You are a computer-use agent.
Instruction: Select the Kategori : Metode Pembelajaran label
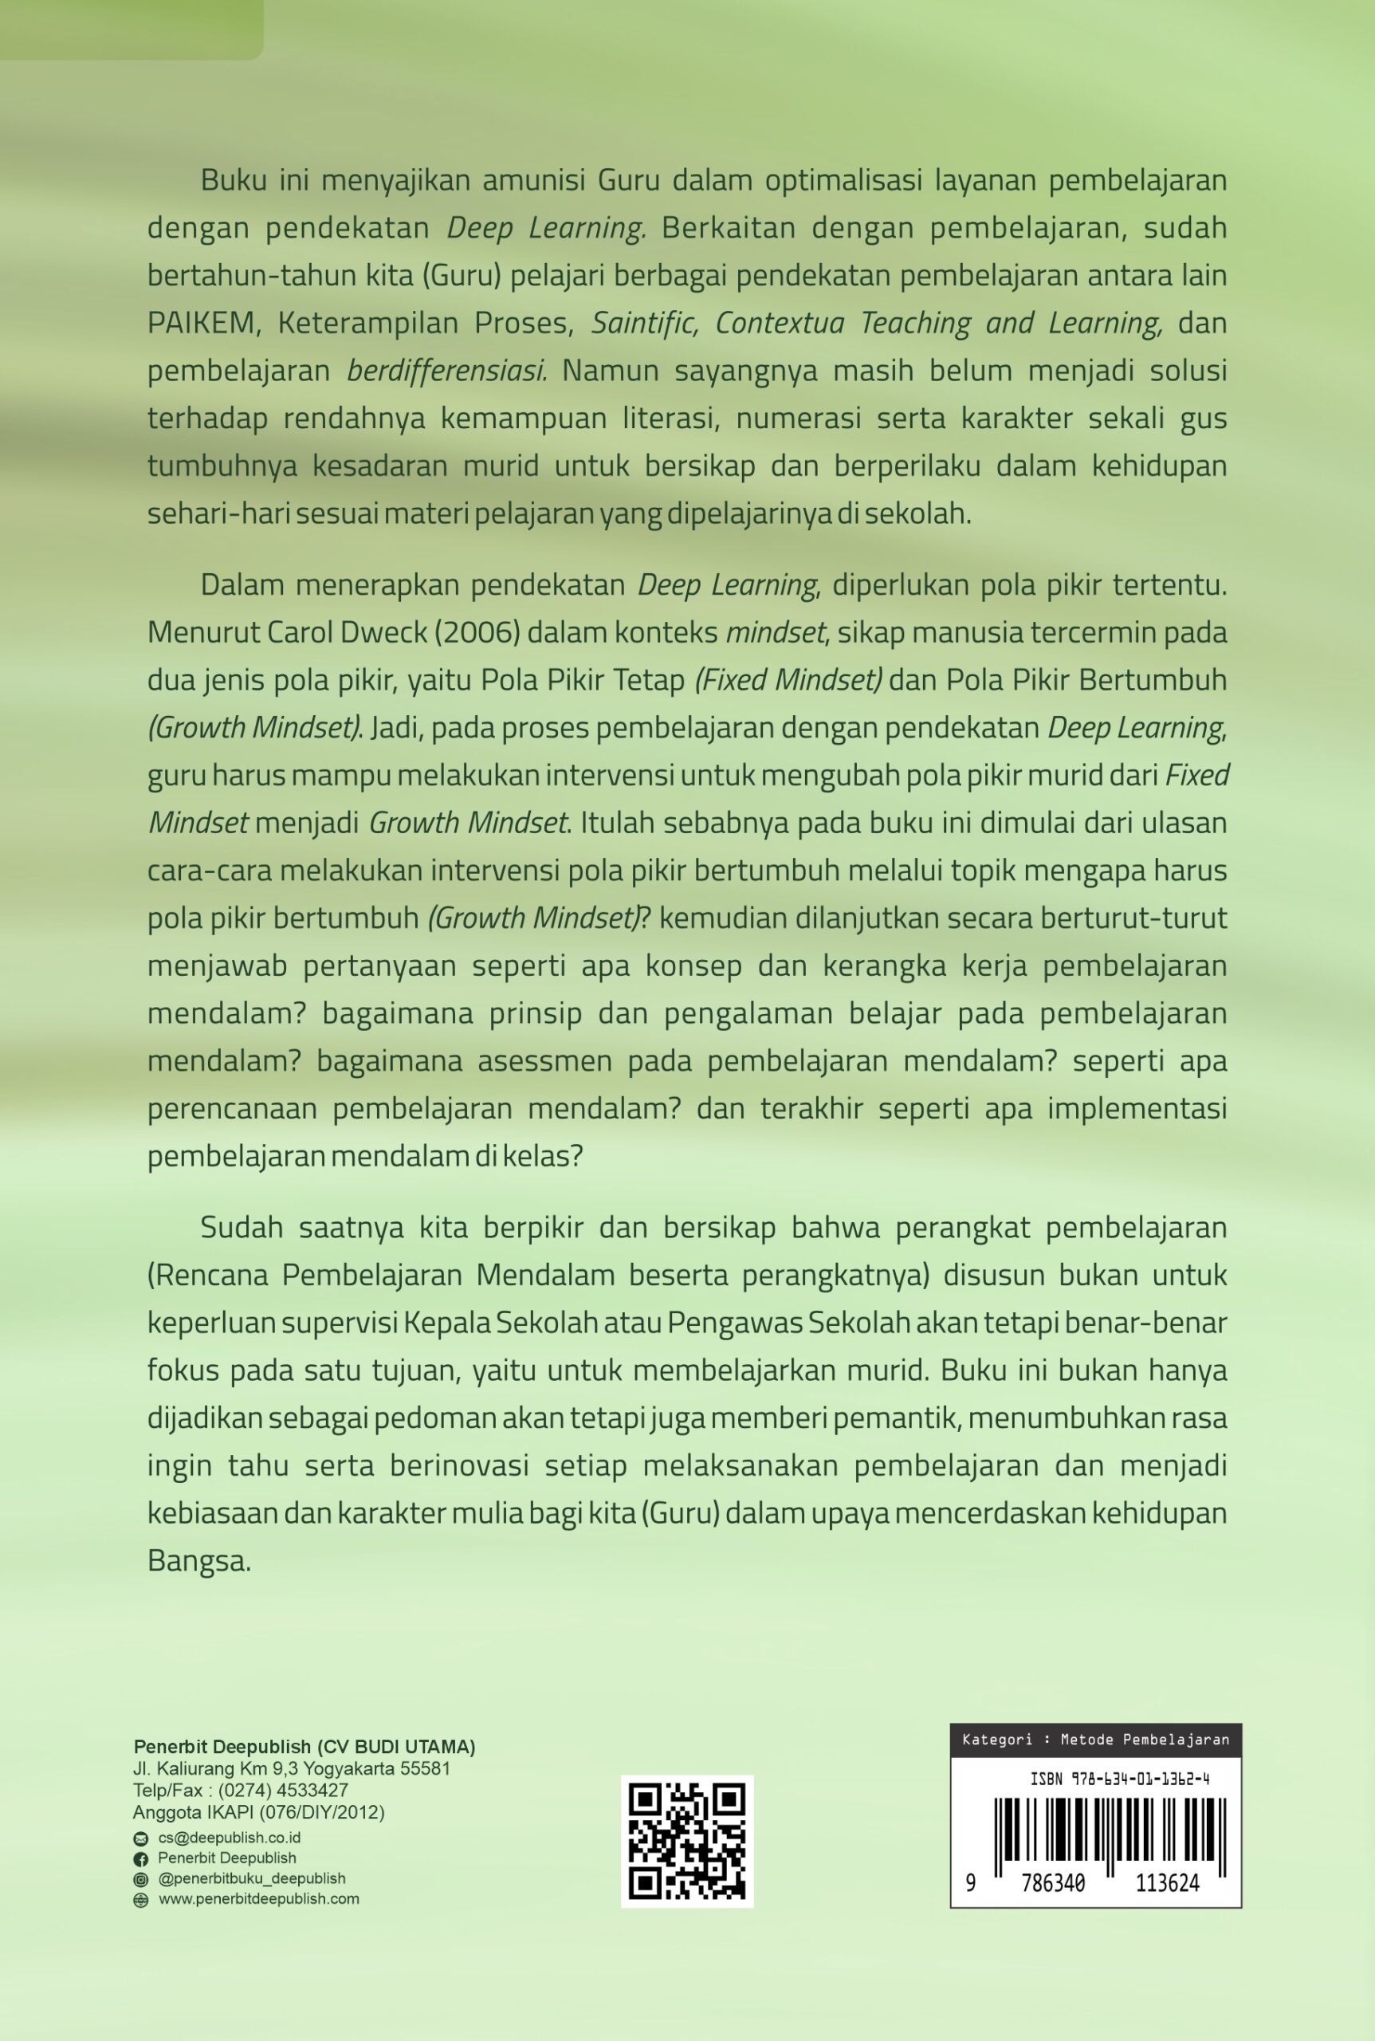(1095, 1740)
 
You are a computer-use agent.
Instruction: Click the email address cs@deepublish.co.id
(229, 1838)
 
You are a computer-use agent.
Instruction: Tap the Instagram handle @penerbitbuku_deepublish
(252, 1878)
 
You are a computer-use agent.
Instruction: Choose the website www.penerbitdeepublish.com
(259, 1899)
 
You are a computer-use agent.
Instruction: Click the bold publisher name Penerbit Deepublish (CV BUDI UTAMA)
(304, 1746)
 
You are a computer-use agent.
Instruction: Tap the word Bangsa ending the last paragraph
(198, 1562)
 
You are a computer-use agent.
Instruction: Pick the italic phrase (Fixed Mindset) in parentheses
(788, 680)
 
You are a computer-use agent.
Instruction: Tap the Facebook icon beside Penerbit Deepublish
(140, 1858)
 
